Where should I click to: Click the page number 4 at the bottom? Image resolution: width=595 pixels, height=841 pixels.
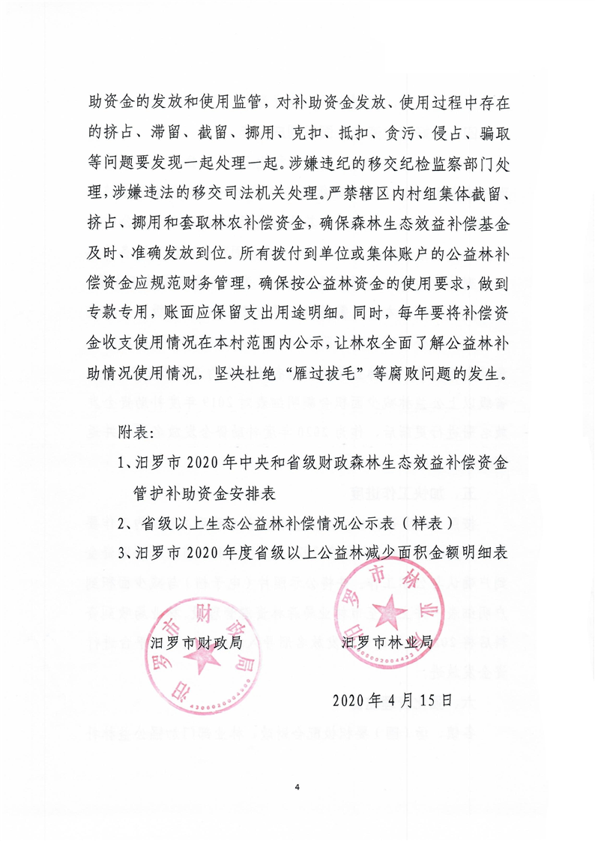[297, 787]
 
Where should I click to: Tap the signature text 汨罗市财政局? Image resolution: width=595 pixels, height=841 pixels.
[201, 642]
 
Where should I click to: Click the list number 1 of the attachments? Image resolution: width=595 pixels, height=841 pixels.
[122, 463]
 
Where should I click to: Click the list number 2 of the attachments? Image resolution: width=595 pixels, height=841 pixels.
[122, 523]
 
